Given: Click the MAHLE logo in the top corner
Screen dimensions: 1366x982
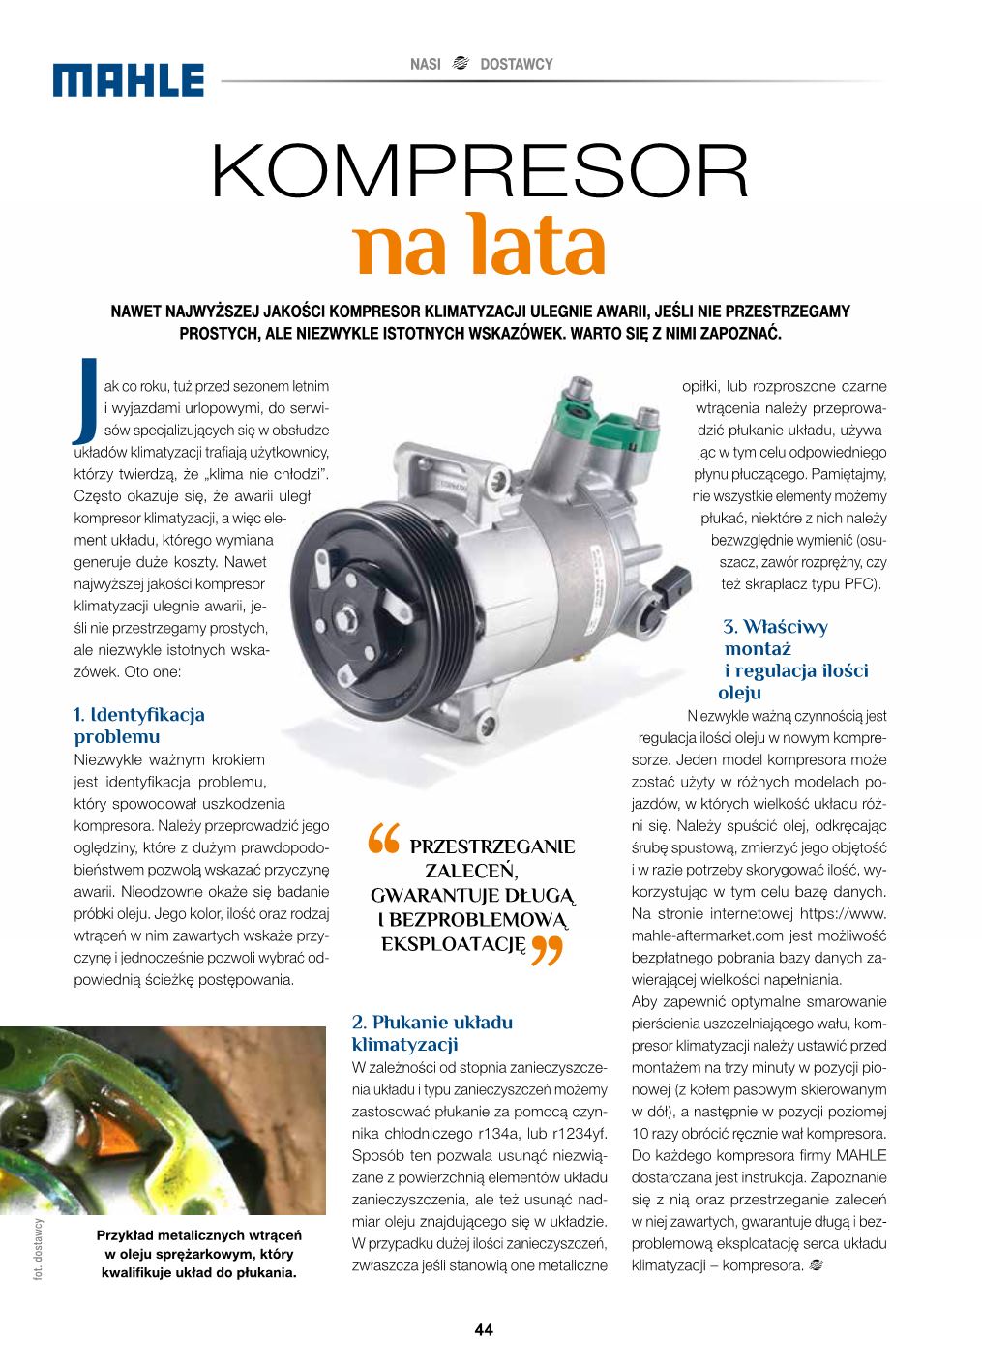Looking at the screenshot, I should [x=130, y=80].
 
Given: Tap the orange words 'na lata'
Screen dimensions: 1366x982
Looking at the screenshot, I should [x=481, y=249].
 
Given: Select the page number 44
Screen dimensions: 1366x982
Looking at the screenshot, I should [x=484, y=1330].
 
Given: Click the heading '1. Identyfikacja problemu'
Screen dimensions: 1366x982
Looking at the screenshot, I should [x=139, y=726].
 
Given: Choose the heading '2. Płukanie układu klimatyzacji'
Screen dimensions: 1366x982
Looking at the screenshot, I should [x=432, y=1033].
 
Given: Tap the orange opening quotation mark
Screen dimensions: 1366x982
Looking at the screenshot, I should [x=382, y=841].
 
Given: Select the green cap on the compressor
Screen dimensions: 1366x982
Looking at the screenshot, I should [x=619, y=428].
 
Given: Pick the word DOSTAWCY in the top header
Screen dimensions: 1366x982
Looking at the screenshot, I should [x=517, y=64].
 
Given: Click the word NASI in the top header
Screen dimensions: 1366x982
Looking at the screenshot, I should [x=426, y=64].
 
